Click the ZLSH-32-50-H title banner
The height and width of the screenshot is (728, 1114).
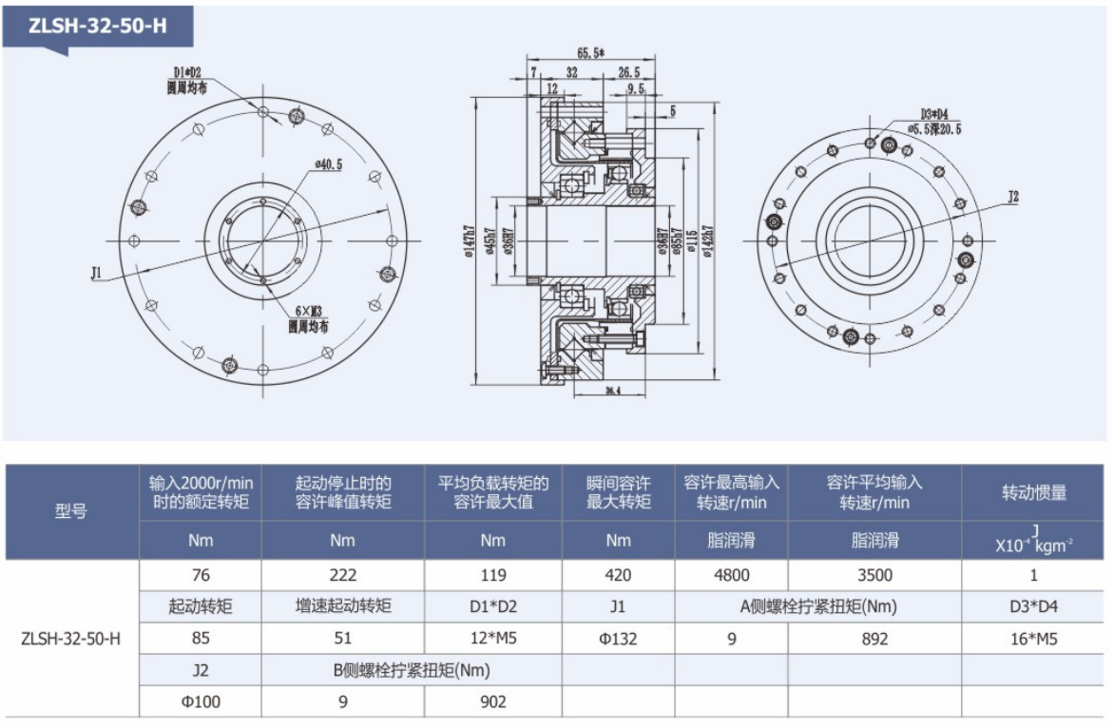point(98,27)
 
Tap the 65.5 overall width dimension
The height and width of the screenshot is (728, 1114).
point(591,54)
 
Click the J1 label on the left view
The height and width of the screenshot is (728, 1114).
point(96,273)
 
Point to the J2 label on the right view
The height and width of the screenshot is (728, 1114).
point(1013,197)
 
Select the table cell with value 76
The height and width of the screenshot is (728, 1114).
point(201,575)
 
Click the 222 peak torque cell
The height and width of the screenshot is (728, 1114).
point(342,575)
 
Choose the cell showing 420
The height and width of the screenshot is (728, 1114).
point(618,575)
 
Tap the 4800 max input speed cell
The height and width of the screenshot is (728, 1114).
point(731,575)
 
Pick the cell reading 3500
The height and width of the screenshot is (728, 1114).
point(874,575)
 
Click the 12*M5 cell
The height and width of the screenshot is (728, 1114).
point(492,639)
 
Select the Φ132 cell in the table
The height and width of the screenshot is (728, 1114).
point(618,639)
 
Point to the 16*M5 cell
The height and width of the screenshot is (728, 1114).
point(1033,639)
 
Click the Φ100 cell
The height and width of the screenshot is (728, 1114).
point(201,702)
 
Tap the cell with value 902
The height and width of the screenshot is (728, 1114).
point(492,702)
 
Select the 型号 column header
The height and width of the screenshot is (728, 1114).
point(71,511)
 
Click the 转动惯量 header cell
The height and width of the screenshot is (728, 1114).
point(1033,492)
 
